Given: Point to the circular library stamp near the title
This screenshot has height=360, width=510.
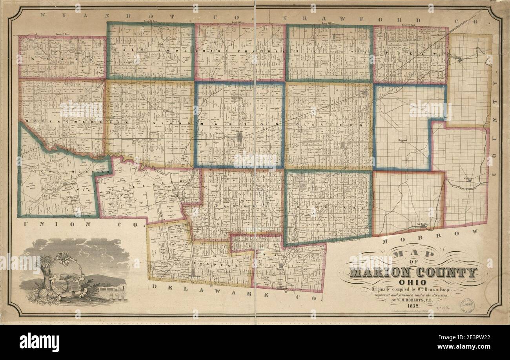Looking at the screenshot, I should [468, 304].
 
